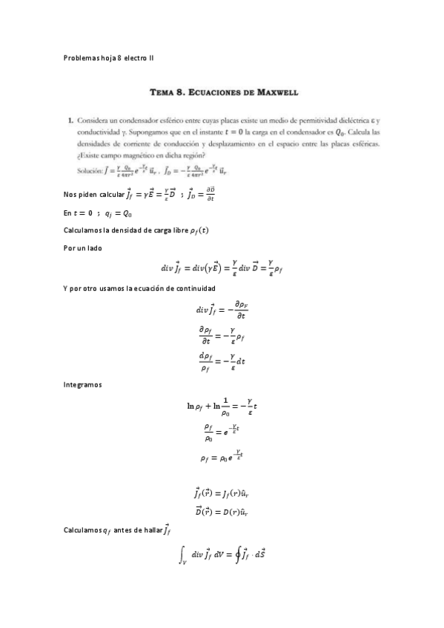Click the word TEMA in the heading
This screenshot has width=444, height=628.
(x=162, y=93)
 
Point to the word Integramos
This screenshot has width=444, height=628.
(x=82, y=385)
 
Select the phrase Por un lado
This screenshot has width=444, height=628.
(x=83, y=248)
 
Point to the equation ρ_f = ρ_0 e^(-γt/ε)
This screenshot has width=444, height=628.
(x=222, y=458)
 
